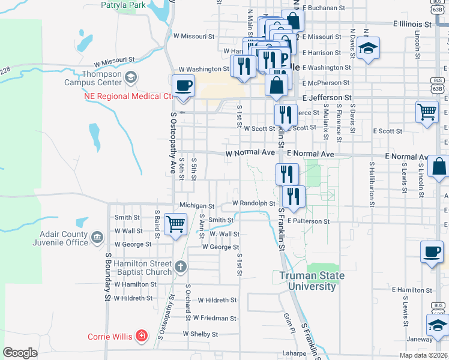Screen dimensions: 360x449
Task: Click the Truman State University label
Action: [312, 281]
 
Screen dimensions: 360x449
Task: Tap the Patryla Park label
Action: [124, 5]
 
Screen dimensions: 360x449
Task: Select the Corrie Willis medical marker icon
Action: [141, 335]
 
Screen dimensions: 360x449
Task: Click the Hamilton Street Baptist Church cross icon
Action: [181, 266]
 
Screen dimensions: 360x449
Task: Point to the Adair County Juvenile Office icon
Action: [97, 238]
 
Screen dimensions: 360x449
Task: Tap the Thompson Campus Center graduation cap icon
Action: [130, 77]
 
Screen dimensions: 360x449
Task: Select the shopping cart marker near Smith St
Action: [175, 225]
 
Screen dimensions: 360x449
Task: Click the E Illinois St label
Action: [412, 25]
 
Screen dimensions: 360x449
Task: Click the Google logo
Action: [20, 353]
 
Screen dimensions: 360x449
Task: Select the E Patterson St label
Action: [308, 221]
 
